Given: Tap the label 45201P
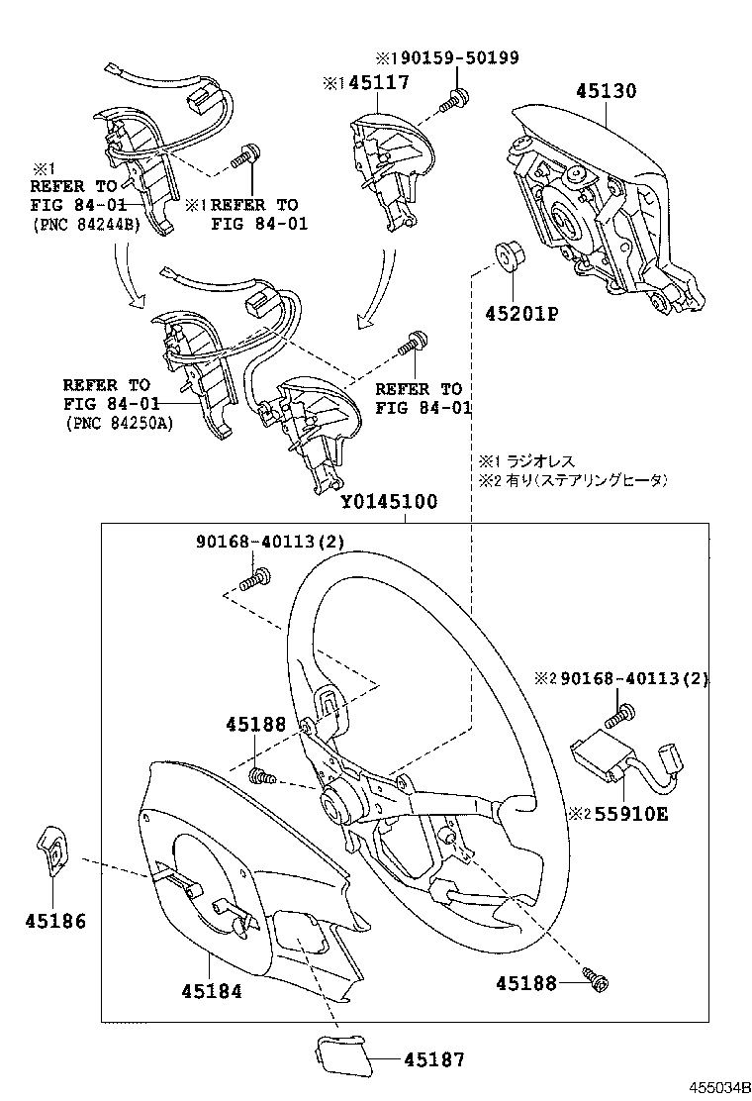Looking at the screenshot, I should [521, 314].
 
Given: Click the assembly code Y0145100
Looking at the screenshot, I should [389, 501].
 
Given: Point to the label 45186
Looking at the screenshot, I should [54, 921].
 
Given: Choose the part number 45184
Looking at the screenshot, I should [211, 990].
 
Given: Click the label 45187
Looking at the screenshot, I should [433, 1059].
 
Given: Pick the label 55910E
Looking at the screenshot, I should [629, 814].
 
